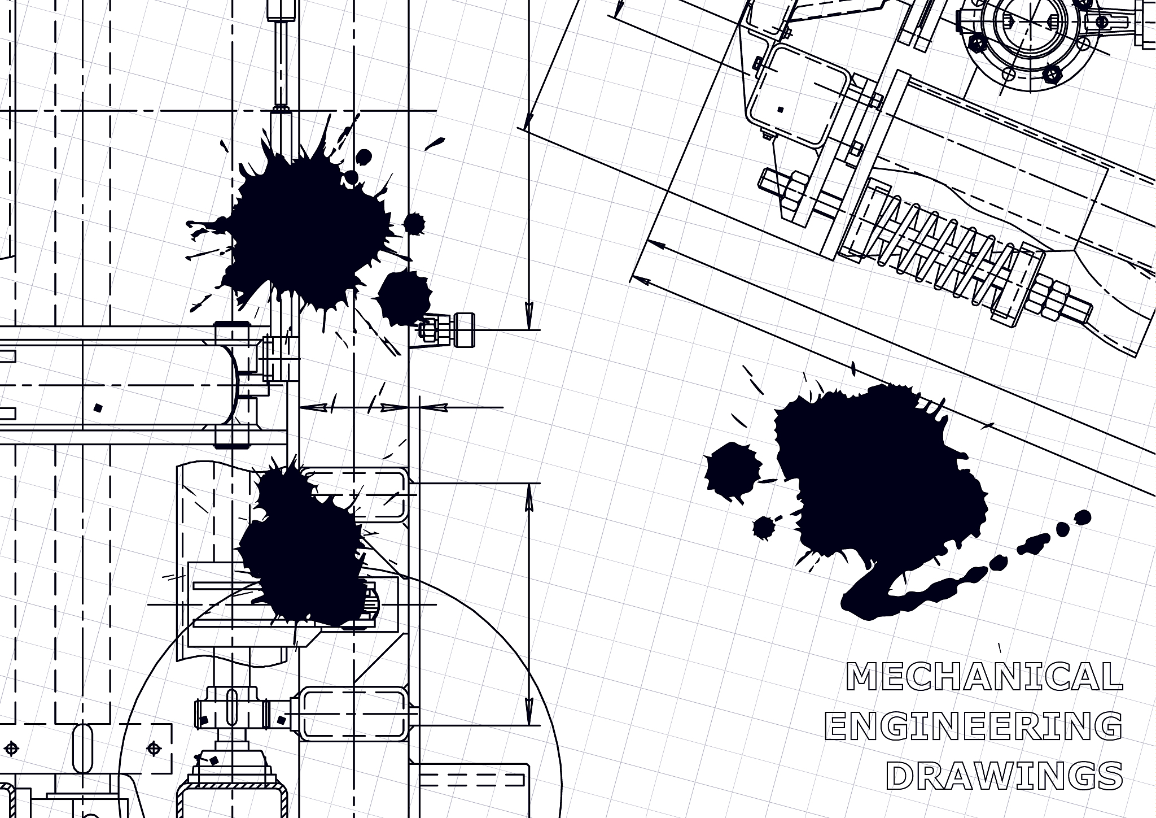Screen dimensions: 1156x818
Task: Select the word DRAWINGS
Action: tap(1004, 776)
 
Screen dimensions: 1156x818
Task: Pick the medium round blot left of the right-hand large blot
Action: tap(732, 473)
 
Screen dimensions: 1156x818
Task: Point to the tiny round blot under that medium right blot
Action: tap(763, 527)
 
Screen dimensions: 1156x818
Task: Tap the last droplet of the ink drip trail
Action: tap(1083, 517)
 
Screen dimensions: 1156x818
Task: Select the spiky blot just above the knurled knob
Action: tap(404, 297)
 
